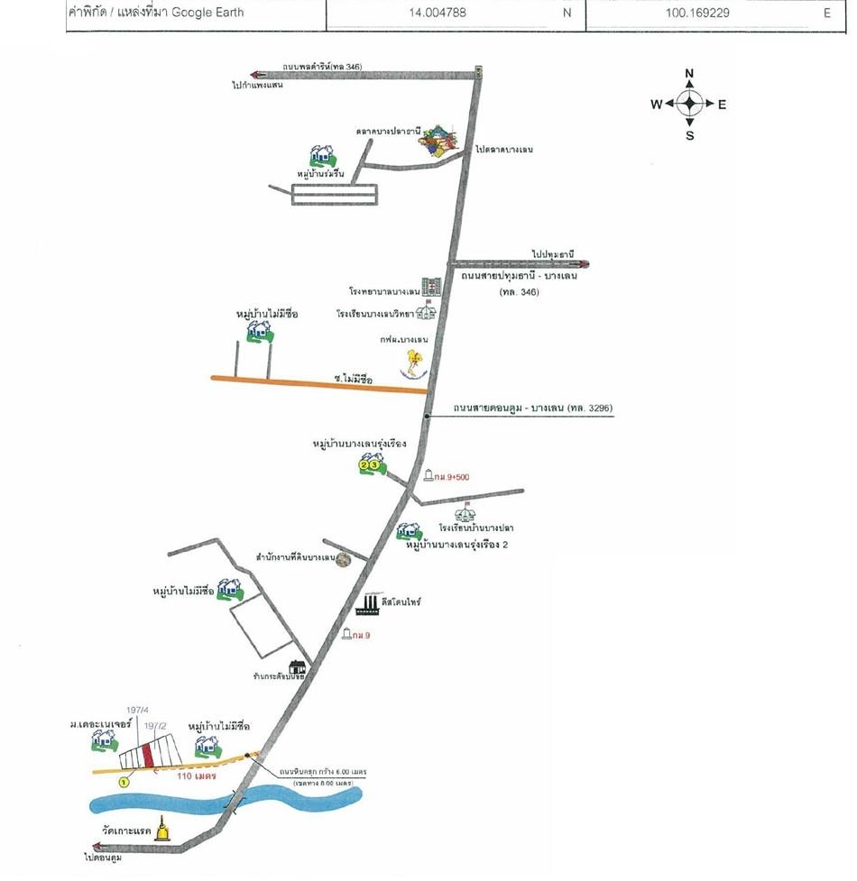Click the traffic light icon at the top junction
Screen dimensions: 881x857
click(x=478, y=72)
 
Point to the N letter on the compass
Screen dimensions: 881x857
click(x=689, y=74)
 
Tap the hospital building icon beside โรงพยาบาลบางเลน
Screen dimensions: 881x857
click(x=430, y=289)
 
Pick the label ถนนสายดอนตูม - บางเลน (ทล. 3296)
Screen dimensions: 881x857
click(x=533, y=408)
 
